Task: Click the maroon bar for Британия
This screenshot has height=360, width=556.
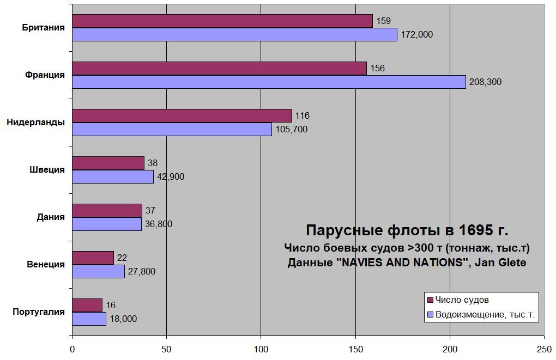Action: pyautogui.click(x=222, y=21)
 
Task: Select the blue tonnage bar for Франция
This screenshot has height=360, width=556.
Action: pyautogui.click(x=269, y=82)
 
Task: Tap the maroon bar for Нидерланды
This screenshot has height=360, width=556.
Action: pyautogui.click(x=182, y=115)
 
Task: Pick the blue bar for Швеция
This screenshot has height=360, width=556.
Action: pyautogui.click(x=113, y=176)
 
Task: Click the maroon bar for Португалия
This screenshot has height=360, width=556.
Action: pyautogui.click(x=87, y=305)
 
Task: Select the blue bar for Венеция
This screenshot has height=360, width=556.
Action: pyautogui.click(x=98, y=271)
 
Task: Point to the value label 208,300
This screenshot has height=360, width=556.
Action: pyautogui.click(x=485, y=82)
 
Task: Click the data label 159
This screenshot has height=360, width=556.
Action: pyautogui.click(x=384, y=21)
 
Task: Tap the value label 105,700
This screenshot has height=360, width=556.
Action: pyautogui.click(x=291, y=130)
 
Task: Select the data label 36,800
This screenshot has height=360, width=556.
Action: pyautogui.click(x=161, y=224)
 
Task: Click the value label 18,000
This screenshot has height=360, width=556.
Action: pyautogui.click(x=123, y=319)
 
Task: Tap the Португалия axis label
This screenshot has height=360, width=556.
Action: pyautogui.click(x=39, y=312)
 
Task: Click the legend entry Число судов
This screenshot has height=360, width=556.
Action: pyautogui.click(x=461, y=300)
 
